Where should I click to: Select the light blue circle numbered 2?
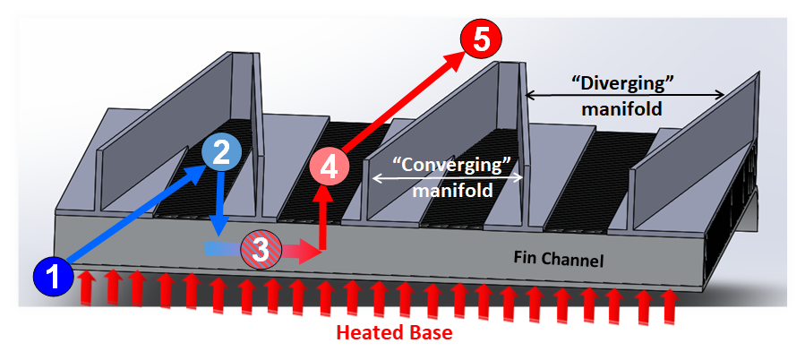point(221,152)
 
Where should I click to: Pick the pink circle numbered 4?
point(330,167)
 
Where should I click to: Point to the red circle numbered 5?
point(481,39)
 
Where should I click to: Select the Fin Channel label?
point(559,260)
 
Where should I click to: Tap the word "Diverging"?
point(622,83)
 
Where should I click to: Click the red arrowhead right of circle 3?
point(308,252)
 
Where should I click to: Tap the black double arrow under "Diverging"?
point(625,95)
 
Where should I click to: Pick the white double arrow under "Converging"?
point(448,178)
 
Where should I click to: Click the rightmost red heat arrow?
point(666,306)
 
